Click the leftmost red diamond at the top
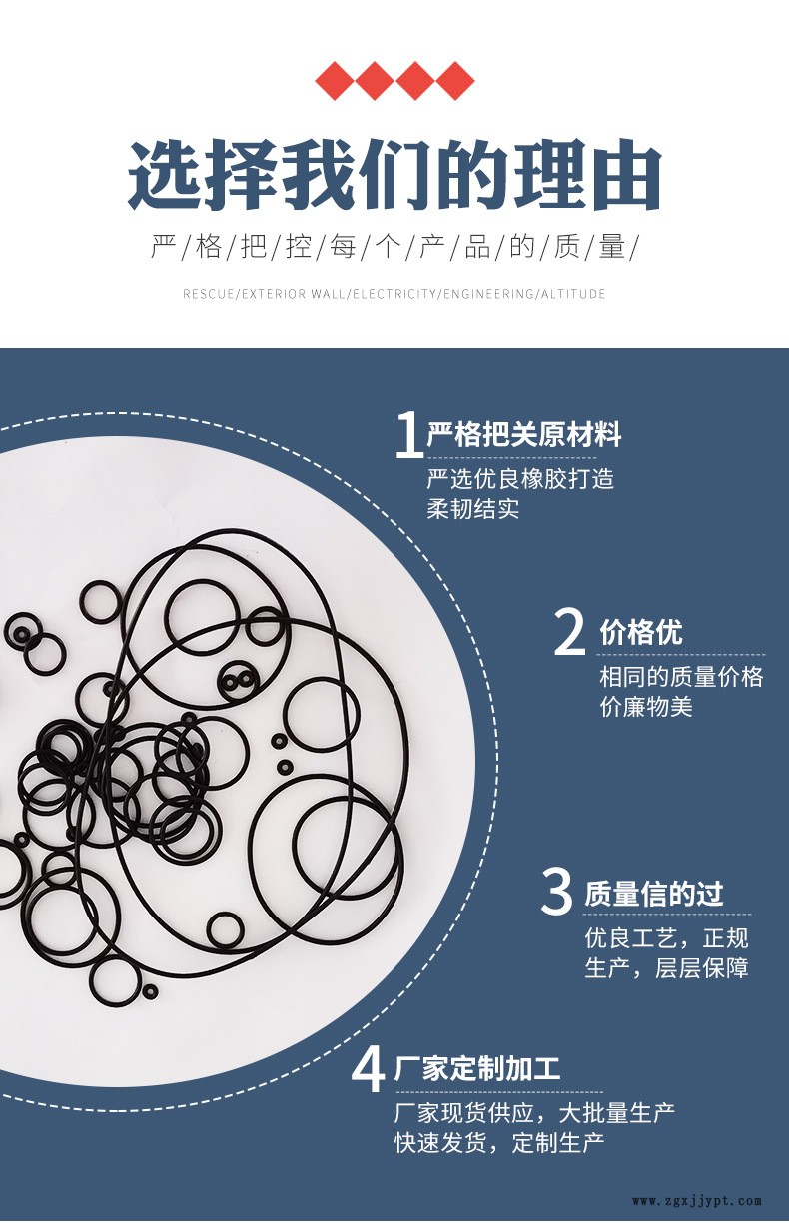(335, 81)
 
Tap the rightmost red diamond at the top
(455, 81)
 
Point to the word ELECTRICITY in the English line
(394, 294)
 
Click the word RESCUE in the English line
(208, 294)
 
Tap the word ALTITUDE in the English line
(573, 294)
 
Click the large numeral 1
(409, 434)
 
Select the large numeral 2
(569, 632)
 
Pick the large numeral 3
(556, 892)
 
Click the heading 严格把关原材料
(524, 435)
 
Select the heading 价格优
(641, 632)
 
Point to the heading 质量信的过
(653, 894)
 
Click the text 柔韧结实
(472, 509)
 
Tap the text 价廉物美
(646, 707)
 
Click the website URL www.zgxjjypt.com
(697, 1201)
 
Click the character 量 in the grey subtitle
(612, 247)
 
